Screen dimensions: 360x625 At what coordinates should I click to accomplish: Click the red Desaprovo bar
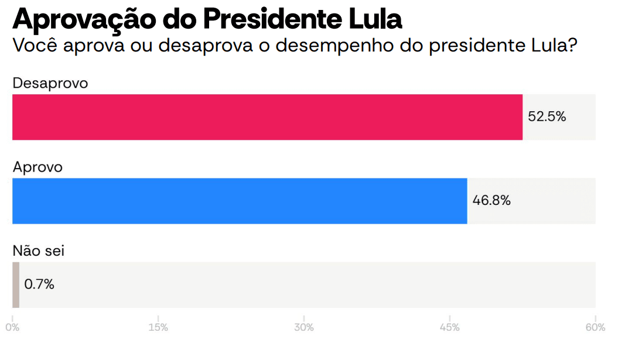[x=267, y=117]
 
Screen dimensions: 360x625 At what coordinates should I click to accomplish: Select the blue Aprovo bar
[x=240, y=201]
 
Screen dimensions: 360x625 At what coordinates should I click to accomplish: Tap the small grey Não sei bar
[x=16, y=284]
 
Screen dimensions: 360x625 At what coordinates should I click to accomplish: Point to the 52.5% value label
[x=547, y=116]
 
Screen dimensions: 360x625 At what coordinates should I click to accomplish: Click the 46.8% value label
[x=491, y=200]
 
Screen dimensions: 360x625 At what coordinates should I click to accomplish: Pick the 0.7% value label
[x=39, y=284]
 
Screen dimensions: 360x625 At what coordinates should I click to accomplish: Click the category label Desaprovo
[x=50, y=83]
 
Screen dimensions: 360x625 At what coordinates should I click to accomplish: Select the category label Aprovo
[x=37, y=167]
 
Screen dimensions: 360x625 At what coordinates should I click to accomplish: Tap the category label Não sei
[x=39, y=251]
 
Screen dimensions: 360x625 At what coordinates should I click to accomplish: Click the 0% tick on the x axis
[x=12, y=327]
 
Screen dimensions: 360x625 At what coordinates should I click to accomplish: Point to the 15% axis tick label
[x=158, y=327]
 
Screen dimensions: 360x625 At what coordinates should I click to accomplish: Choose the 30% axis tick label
[x=304, y=327]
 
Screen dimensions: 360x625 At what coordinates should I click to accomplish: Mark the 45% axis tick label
[x=450, y=327]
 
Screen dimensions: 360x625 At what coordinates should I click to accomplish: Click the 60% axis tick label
[x=595, y=327]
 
